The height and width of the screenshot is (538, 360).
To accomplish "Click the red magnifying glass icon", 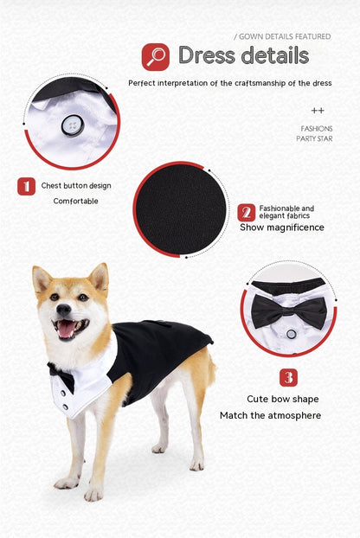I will [x=156, y=57].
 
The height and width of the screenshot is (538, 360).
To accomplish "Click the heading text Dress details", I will [x=243, y=56].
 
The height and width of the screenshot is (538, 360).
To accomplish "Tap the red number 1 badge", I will [x=27, y=186].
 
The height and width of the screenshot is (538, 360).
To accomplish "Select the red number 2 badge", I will [x=247, y=213].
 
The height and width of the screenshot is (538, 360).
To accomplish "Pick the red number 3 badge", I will [x=288, y=377].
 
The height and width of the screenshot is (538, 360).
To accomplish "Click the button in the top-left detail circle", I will [x=70, y=126].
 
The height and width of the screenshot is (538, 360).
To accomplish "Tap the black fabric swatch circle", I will [x=180, y=208].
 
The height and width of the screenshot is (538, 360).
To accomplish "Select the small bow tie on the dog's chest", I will [x=61, y=376].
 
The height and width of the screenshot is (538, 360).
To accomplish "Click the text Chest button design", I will [x=76, y=186].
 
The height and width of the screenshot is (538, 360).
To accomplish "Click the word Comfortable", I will [x=76, y=202].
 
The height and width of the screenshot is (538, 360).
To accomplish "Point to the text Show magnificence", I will [x=282, y=227].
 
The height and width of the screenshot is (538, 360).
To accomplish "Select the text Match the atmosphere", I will [x=270, y=416].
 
